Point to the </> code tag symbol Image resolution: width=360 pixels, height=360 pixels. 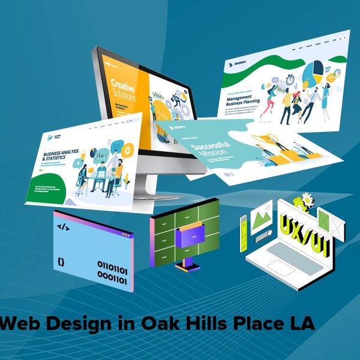(x=62, y=227)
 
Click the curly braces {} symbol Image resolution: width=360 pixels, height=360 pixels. (x=61, y=262)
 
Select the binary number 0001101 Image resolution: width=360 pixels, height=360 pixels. (x=112, y=279)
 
